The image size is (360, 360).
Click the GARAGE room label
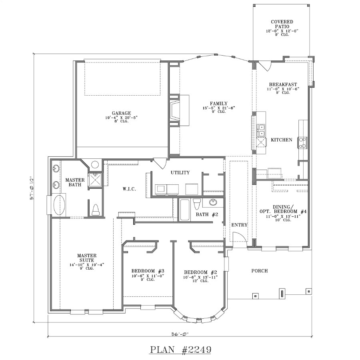point(122,113)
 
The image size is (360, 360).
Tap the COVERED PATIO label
point(282,24)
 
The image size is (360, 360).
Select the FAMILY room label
point(218,103)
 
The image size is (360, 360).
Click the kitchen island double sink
point(261,130)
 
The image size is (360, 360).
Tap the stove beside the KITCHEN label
point(302,142)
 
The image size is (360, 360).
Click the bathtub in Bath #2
point(184,210)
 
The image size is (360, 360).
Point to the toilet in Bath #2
point(196,204)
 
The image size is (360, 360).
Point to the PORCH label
point(259,271)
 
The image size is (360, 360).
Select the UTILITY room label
point(180,172)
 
